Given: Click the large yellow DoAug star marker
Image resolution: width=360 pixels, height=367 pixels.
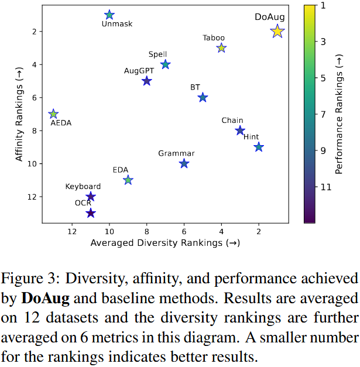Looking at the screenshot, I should [x=277, y=32].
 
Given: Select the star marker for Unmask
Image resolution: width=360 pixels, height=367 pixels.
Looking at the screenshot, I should [x=109, y=15].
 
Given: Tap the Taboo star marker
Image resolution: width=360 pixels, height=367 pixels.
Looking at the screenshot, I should [x=221, y=48].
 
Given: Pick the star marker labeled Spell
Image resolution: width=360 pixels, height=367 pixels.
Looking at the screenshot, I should [x=166, y=64].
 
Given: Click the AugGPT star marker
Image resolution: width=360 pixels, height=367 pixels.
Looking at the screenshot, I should [x=147, y=81].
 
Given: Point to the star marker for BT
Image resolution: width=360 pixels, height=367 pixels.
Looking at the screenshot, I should [x=203, y=97].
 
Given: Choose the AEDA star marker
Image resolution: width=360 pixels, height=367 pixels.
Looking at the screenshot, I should [x=53, y=114].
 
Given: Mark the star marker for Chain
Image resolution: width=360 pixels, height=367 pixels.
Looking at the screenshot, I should [x=240, y=131].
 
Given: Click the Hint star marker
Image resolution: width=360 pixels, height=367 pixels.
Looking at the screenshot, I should [x=259, y=147].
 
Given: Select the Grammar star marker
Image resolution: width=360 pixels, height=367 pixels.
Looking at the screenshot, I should [x=184, y=163].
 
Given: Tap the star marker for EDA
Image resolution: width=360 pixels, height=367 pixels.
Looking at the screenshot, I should [x=128, y=180].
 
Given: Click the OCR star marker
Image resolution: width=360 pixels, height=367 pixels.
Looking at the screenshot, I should [x=91, y=213].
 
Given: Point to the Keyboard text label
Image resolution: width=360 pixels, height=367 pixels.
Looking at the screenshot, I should [x=83, y=187].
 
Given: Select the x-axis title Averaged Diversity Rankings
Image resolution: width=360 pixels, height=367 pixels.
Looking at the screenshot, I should [x=165, y=243].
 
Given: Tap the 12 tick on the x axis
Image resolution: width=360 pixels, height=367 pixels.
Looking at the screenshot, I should [x=72, y=231].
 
